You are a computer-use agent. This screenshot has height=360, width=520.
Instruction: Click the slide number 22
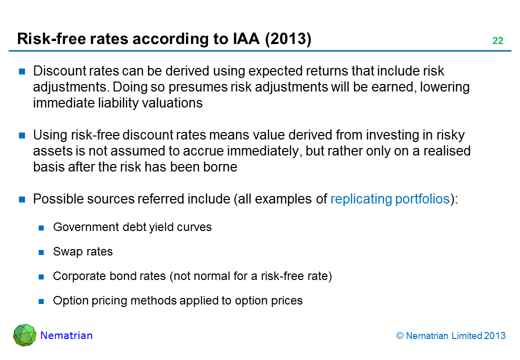498,40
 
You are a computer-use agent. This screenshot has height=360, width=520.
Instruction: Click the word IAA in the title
246,38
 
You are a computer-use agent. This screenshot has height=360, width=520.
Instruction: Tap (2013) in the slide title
288,39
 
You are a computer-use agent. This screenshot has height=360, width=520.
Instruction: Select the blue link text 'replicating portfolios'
390,199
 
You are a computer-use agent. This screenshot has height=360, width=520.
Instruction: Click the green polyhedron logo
24,335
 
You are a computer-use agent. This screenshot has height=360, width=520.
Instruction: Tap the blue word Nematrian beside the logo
66,335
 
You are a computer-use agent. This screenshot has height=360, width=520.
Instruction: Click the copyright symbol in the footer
400,336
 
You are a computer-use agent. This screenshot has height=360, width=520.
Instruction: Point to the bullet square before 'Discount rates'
22,71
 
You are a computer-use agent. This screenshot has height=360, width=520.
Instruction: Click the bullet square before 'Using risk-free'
22,135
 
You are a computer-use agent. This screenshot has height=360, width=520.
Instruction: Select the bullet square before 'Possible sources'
22,199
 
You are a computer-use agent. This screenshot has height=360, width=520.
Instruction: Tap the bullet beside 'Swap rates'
41,252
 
